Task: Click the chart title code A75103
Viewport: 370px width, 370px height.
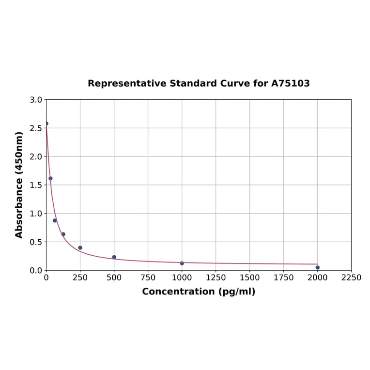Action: (290, 83)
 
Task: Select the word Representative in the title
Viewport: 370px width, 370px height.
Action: (127, 83)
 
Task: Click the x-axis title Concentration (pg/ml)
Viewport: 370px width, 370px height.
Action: (199, 292)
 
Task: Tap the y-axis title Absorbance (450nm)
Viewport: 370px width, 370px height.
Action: (19, 185)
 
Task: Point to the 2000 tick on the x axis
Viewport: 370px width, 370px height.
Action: (317, 277)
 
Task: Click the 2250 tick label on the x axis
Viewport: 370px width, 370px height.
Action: (351, 277)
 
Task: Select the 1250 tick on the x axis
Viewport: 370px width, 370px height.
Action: (216, 277)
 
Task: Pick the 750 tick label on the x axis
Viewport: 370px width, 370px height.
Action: (148, 277)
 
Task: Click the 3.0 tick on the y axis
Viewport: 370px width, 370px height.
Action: (36, 100)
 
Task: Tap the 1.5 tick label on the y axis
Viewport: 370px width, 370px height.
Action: (36, 185)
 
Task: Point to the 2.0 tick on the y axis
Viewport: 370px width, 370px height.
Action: (36, 156)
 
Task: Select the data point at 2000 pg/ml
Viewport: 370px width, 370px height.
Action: (318, 267)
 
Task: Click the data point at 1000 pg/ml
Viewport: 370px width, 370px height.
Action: (182, 263)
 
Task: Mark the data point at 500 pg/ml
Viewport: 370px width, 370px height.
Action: (114, 257)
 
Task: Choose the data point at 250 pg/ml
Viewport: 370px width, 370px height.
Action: (80, 247)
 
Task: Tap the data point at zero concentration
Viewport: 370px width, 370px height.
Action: (46, 123)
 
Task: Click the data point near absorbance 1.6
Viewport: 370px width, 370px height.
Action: (50, 178)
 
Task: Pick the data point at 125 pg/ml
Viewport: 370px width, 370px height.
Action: (63, 234)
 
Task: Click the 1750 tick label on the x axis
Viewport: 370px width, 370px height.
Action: (283, 277)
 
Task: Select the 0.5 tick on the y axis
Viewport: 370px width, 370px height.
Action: (36, 242)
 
